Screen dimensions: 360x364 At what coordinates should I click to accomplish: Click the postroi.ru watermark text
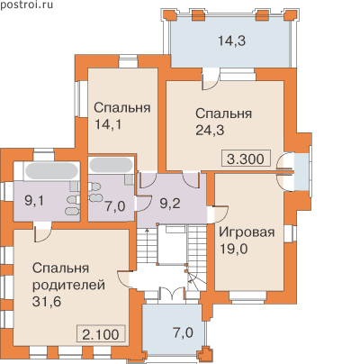27,5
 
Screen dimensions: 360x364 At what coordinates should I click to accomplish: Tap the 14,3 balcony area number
231,41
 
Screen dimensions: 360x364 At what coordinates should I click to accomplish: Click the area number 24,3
210,131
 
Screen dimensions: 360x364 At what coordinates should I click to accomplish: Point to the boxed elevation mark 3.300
246,159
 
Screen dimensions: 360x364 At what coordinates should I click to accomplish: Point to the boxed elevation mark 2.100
101,334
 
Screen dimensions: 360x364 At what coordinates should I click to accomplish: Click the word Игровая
247,232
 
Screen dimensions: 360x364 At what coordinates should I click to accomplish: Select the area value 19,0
234,249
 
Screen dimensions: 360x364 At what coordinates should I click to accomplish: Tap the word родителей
68,286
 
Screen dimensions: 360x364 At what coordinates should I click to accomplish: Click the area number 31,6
47,302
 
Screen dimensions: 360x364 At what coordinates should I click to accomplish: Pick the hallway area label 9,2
170,205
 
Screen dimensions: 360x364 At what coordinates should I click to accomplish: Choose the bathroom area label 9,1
34,201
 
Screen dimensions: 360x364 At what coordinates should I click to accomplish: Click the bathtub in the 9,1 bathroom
51,170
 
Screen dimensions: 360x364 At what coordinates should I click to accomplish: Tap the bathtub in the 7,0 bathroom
111,165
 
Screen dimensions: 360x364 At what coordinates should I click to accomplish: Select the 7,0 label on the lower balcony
183,332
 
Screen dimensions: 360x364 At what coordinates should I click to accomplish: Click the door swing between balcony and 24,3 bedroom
210,80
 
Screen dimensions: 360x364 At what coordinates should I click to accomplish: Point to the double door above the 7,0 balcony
172,294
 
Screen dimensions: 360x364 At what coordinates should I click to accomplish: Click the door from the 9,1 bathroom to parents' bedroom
42,232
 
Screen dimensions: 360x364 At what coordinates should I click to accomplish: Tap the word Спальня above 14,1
122,107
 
